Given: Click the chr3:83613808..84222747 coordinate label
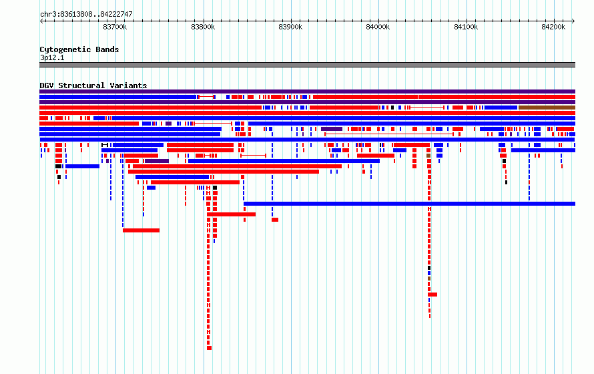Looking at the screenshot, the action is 86,15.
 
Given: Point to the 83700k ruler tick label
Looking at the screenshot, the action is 115,27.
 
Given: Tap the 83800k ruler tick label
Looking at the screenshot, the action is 203,27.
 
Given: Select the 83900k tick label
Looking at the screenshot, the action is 290,27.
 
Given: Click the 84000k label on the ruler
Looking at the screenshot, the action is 378,27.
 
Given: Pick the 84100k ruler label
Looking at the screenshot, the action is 466,27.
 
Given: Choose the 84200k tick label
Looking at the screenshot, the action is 553,27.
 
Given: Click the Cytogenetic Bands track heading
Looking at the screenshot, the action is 79,49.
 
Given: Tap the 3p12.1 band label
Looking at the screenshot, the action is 52,57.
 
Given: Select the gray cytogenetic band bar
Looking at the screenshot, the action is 307,65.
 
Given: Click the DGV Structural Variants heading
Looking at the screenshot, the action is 93,85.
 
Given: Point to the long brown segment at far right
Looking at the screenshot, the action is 547,108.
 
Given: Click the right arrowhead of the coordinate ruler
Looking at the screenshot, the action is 573,21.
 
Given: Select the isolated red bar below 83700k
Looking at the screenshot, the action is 141,230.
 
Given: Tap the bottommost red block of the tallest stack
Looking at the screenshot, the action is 209,348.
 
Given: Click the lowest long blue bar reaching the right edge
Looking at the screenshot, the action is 410,204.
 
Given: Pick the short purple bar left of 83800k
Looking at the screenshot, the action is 157,161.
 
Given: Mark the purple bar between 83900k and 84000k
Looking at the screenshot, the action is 332,129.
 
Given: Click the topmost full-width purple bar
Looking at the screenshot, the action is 307,91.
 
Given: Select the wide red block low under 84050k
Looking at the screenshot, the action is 432,295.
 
